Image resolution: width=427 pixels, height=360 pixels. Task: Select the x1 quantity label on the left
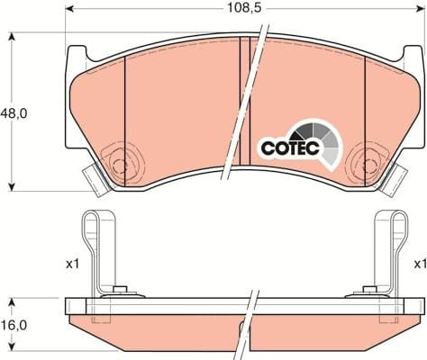click(x=72, y=264)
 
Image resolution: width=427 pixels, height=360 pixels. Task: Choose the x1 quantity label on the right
click(x=419, y=264)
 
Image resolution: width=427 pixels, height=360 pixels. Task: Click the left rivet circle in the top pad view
click(x=119, y=165)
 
